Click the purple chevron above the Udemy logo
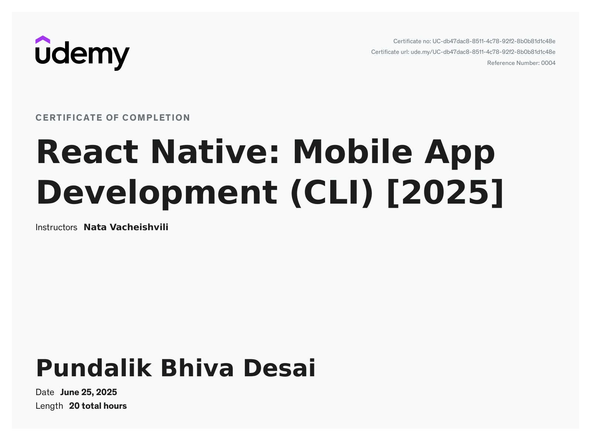coord(43,39)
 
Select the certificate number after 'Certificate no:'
coord(494,41)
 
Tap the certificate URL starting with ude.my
coord(483,52)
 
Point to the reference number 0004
coord(548,63)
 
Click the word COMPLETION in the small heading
coord(156,118)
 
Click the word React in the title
coord(87,152)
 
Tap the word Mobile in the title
coord(352,152)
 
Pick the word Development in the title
coord(157,193)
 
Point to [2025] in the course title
coord(445,193)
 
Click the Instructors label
coord(56,227)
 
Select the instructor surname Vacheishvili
coord(139,227)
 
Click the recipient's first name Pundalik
coord(94,368)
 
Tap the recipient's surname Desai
coord(279,368)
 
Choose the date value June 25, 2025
coord(89,392)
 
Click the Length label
coord(49,406)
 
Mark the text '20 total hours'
coord(98,406)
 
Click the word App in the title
coord(460,152)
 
